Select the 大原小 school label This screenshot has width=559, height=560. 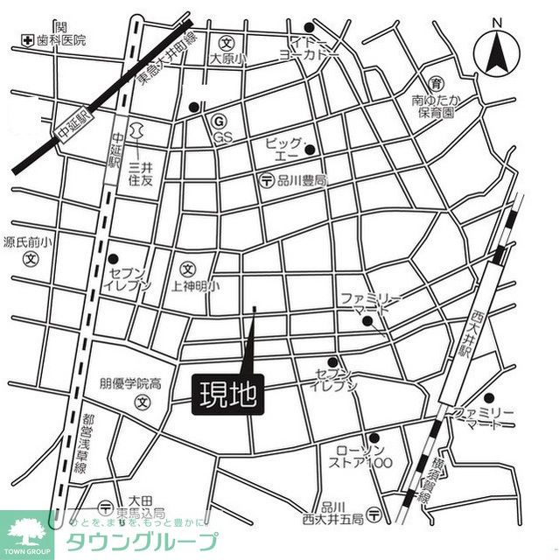(x=227, y=59)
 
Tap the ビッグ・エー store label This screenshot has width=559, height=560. (x=285, y=148)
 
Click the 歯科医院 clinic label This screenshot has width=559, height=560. (x=60, y=40)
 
